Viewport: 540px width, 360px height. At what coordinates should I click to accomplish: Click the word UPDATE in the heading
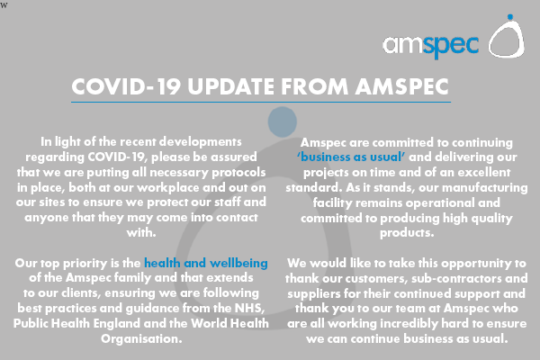[x=230, y=86]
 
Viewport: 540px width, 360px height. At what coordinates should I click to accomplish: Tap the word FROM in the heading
[x=315, y=86]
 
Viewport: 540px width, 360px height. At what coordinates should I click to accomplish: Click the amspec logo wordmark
[x=431, y=46]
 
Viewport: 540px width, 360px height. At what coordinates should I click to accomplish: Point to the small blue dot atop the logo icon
[x=510, y=17]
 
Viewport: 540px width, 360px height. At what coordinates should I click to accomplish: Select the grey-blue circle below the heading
[x=283, y=121]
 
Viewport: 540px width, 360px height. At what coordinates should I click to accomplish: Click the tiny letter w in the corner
[x=4, y=5]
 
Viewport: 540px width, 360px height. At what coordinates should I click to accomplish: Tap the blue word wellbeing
[x=238, y=263]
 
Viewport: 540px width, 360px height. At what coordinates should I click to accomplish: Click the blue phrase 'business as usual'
[x=351, y=157]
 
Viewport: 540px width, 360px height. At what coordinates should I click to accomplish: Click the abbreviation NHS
[x=249, y=308]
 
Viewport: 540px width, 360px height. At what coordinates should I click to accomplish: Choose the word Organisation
[x=141, y=338]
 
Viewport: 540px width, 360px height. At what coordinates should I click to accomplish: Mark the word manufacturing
[x=484, y=188]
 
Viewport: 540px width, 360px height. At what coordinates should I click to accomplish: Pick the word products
[x=407, y=233]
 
